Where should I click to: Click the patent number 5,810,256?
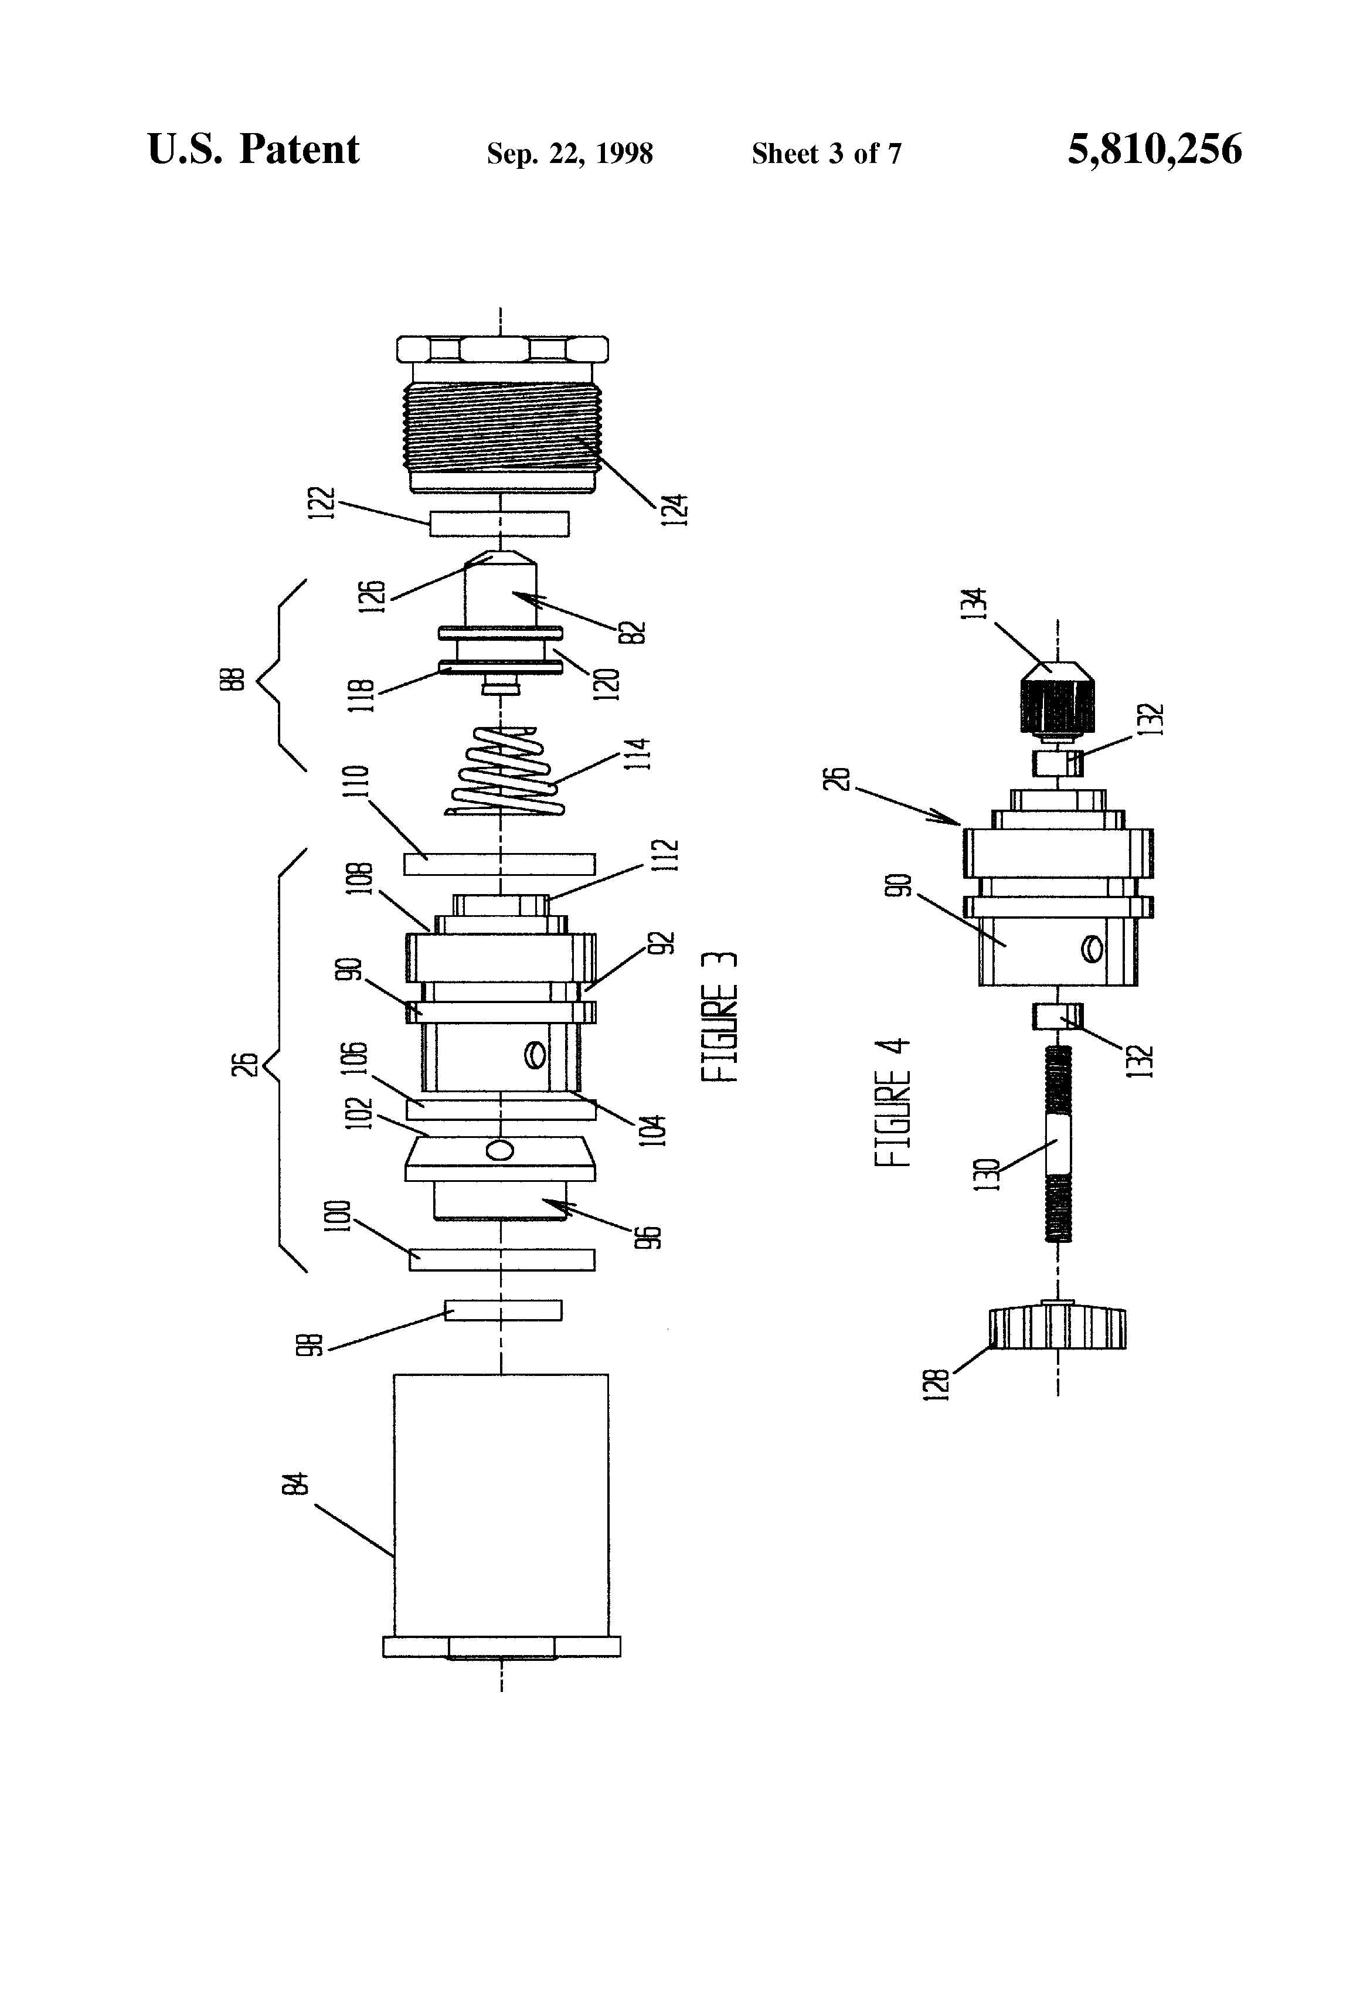1155,149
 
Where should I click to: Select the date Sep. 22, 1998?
570,154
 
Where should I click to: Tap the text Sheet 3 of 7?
826,153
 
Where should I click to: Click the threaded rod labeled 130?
1058,1143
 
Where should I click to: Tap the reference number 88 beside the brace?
238,678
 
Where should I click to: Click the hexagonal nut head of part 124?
503,349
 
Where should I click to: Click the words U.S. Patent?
254,149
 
